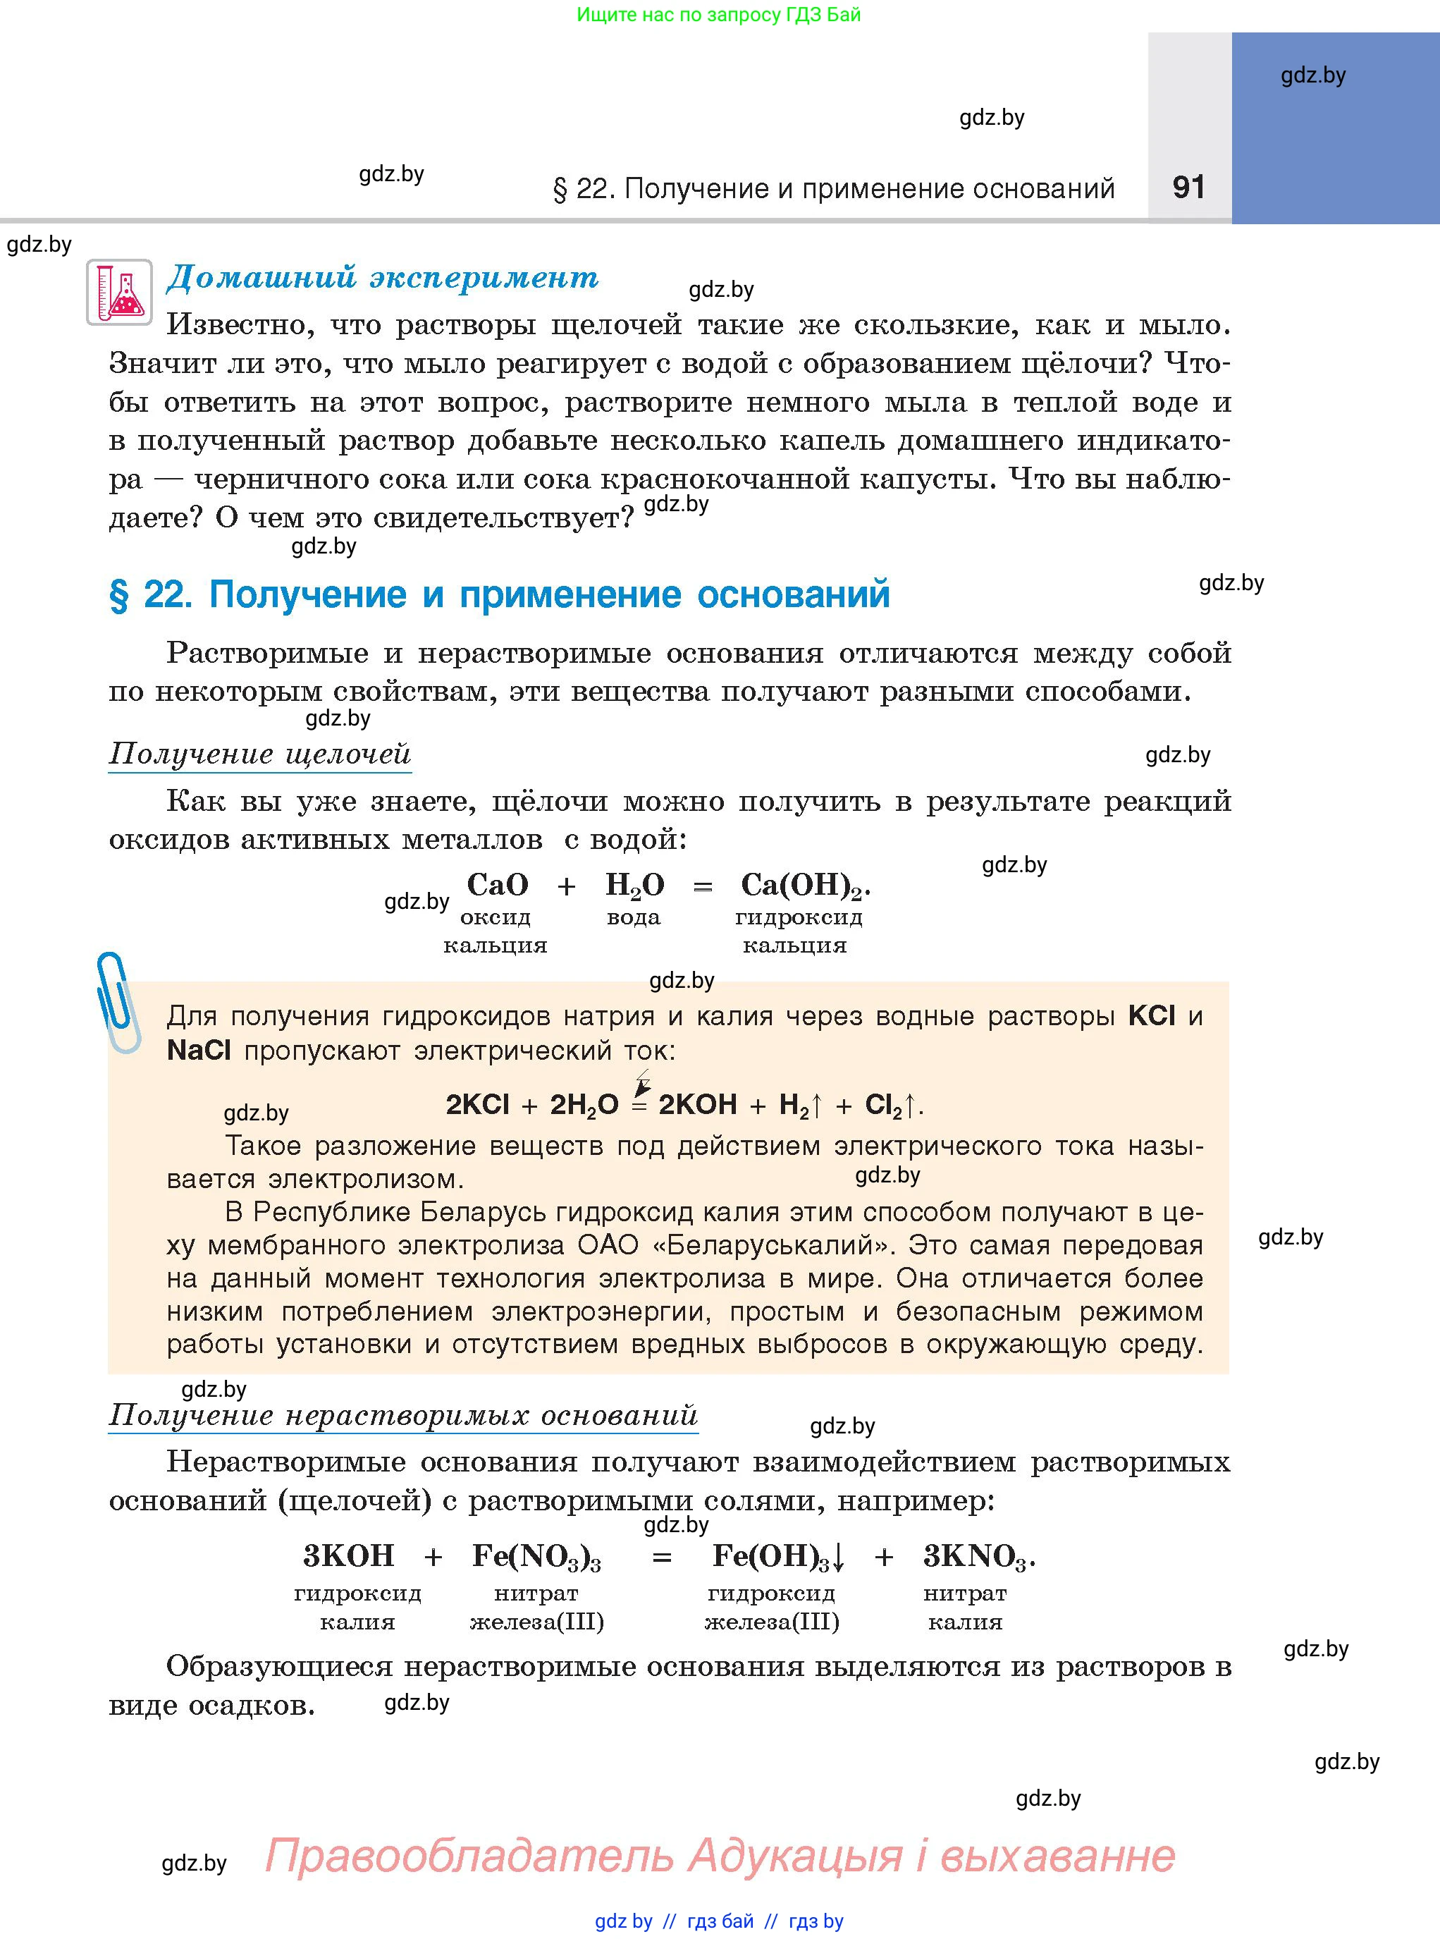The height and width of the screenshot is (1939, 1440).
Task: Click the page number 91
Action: (x=1188, y=187)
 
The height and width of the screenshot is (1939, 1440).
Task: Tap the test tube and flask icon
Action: (x=119, y=292)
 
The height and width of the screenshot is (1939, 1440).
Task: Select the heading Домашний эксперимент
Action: (x=383, y=276)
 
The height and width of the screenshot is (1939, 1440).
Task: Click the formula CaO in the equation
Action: (x=498, y=885)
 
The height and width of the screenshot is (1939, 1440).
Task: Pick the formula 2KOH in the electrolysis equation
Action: (x=697, y=1105)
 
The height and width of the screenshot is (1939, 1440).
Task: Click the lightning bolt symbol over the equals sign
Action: (x=642, y=1084)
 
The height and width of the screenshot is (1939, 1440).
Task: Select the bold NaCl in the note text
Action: (x=199, y=1050)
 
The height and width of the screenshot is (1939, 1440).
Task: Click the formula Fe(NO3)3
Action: (x=536, y=1556)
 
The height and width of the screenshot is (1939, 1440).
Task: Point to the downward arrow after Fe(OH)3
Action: (x=839, y=1558)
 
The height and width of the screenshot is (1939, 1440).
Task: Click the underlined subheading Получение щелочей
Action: (x=260, y=753)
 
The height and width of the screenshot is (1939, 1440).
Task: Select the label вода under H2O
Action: (x=634, y=917)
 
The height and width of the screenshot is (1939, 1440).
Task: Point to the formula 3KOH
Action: (x=349, y=1555)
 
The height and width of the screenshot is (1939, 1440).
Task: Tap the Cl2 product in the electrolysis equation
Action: (x=883, y=1106)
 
